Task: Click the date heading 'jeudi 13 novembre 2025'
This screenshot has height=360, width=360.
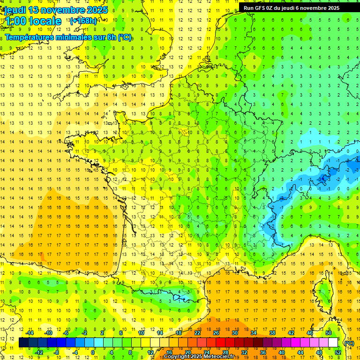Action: point(56,10)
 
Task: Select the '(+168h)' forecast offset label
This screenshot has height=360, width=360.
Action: point(83,21)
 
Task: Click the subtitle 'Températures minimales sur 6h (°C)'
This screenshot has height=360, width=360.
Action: point(68,37)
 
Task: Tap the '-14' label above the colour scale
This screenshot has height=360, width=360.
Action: point(30,333)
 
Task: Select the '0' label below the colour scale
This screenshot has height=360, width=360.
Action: point(93,352)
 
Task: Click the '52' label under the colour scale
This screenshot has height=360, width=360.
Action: point(338,352)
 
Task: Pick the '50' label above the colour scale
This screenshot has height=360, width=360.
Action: point(328,333)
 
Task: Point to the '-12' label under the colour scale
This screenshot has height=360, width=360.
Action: point(39,352)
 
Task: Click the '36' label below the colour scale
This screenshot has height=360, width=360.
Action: point(263,352)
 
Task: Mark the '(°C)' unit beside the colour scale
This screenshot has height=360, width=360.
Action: point(349,343)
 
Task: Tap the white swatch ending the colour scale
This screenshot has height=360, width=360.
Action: point(333,343)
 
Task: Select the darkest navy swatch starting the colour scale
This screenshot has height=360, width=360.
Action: point(23,343)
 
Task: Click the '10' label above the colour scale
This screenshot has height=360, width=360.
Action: point(142,333)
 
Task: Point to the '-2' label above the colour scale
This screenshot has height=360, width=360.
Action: point(85,333)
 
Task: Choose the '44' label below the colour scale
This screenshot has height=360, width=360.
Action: point(300,352)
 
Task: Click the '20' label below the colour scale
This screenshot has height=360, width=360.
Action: point(188,352)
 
